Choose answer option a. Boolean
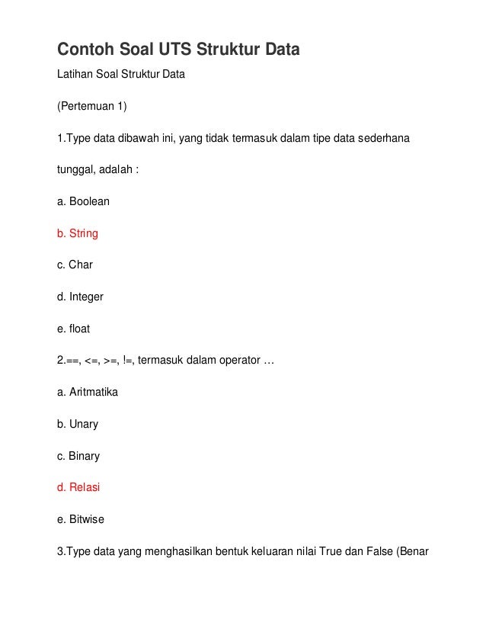[83, 201]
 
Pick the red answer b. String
[78, 233]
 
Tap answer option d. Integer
[80, 297]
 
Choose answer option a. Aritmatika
[88, 392]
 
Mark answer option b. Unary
[78, 424]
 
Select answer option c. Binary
[78, 456]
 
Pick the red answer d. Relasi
[78, 487]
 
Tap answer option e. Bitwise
[81, 519]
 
